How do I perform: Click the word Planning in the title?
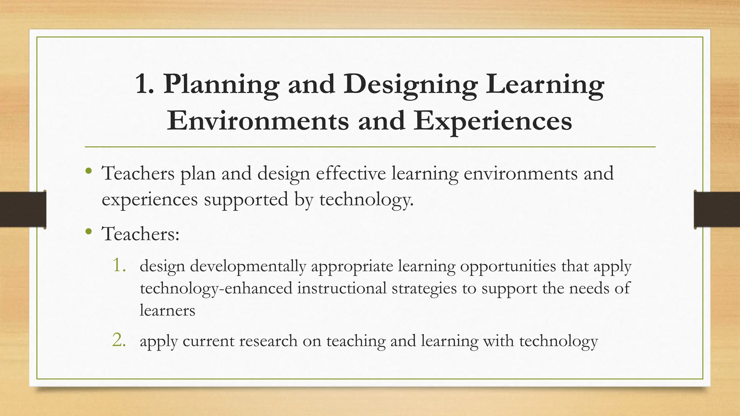[x=221, y=84]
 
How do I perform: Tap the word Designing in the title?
[x=410, y=84]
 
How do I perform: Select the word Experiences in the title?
[x=493, y=121]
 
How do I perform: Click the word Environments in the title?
[x=258, y=121]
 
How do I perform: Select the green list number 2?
[x=119, y=340]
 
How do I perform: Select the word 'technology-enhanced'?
[x=216, y=289]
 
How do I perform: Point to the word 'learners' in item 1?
[x=167, y=311]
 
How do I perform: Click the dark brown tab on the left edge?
[x=23, y=209]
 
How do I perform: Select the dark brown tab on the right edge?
[x=717, y=209]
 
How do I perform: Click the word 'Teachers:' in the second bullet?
[x=141, y=234]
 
